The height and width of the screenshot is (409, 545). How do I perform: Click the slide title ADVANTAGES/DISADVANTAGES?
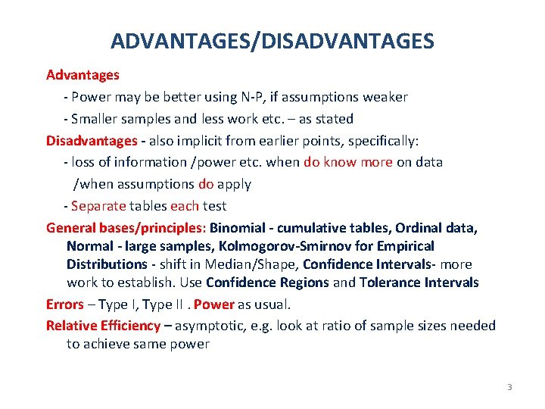[272, 40]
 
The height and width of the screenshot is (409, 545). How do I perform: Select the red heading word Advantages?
[83, 75]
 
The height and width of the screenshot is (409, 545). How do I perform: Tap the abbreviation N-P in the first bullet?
[251, 97]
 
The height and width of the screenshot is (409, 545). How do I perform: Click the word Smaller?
[95, 119]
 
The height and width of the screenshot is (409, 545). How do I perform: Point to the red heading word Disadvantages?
[92, 141]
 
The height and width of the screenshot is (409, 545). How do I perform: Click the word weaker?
[385, 97]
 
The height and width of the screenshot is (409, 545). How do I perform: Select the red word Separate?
[98, 206]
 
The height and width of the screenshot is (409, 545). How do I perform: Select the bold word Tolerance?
[398, 283]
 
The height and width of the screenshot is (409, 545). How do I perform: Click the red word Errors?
[65, 304]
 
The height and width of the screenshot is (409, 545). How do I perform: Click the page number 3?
[509, 388]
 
